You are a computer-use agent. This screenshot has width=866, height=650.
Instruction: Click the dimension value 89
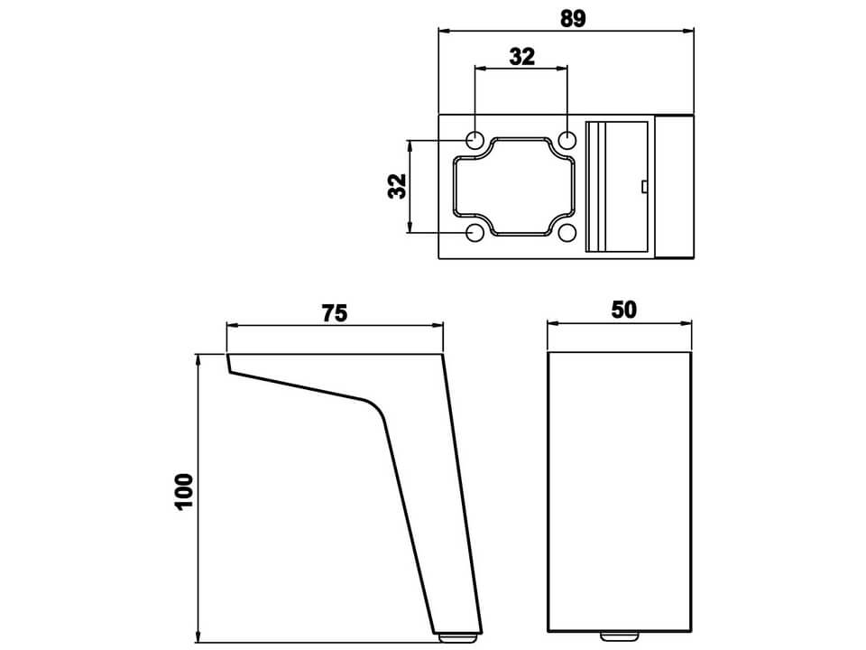pos(572,18)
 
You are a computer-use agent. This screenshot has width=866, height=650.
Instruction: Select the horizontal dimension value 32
pos(522,56)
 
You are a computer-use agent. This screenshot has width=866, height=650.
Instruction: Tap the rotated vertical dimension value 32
pos(397,186)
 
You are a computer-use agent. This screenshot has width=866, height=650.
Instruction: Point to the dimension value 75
pos(335,313)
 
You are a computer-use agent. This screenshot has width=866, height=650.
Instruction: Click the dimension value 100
pos(184,492)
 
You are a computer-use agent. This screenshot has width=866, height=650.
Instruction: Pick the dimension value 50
pos(623,310)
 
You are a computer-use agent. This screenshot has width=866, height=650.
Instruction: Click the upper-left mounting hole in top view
pos(475,139)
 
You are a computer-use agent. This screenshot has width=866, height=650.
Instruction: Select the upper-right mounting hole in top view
pos(567,139)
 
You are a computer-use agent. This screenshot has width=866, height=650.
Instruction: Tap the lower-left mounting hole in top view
pos(475,233)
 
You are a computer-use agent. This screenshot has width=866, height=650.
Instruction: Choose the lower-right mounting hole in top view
pos(567,233)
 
